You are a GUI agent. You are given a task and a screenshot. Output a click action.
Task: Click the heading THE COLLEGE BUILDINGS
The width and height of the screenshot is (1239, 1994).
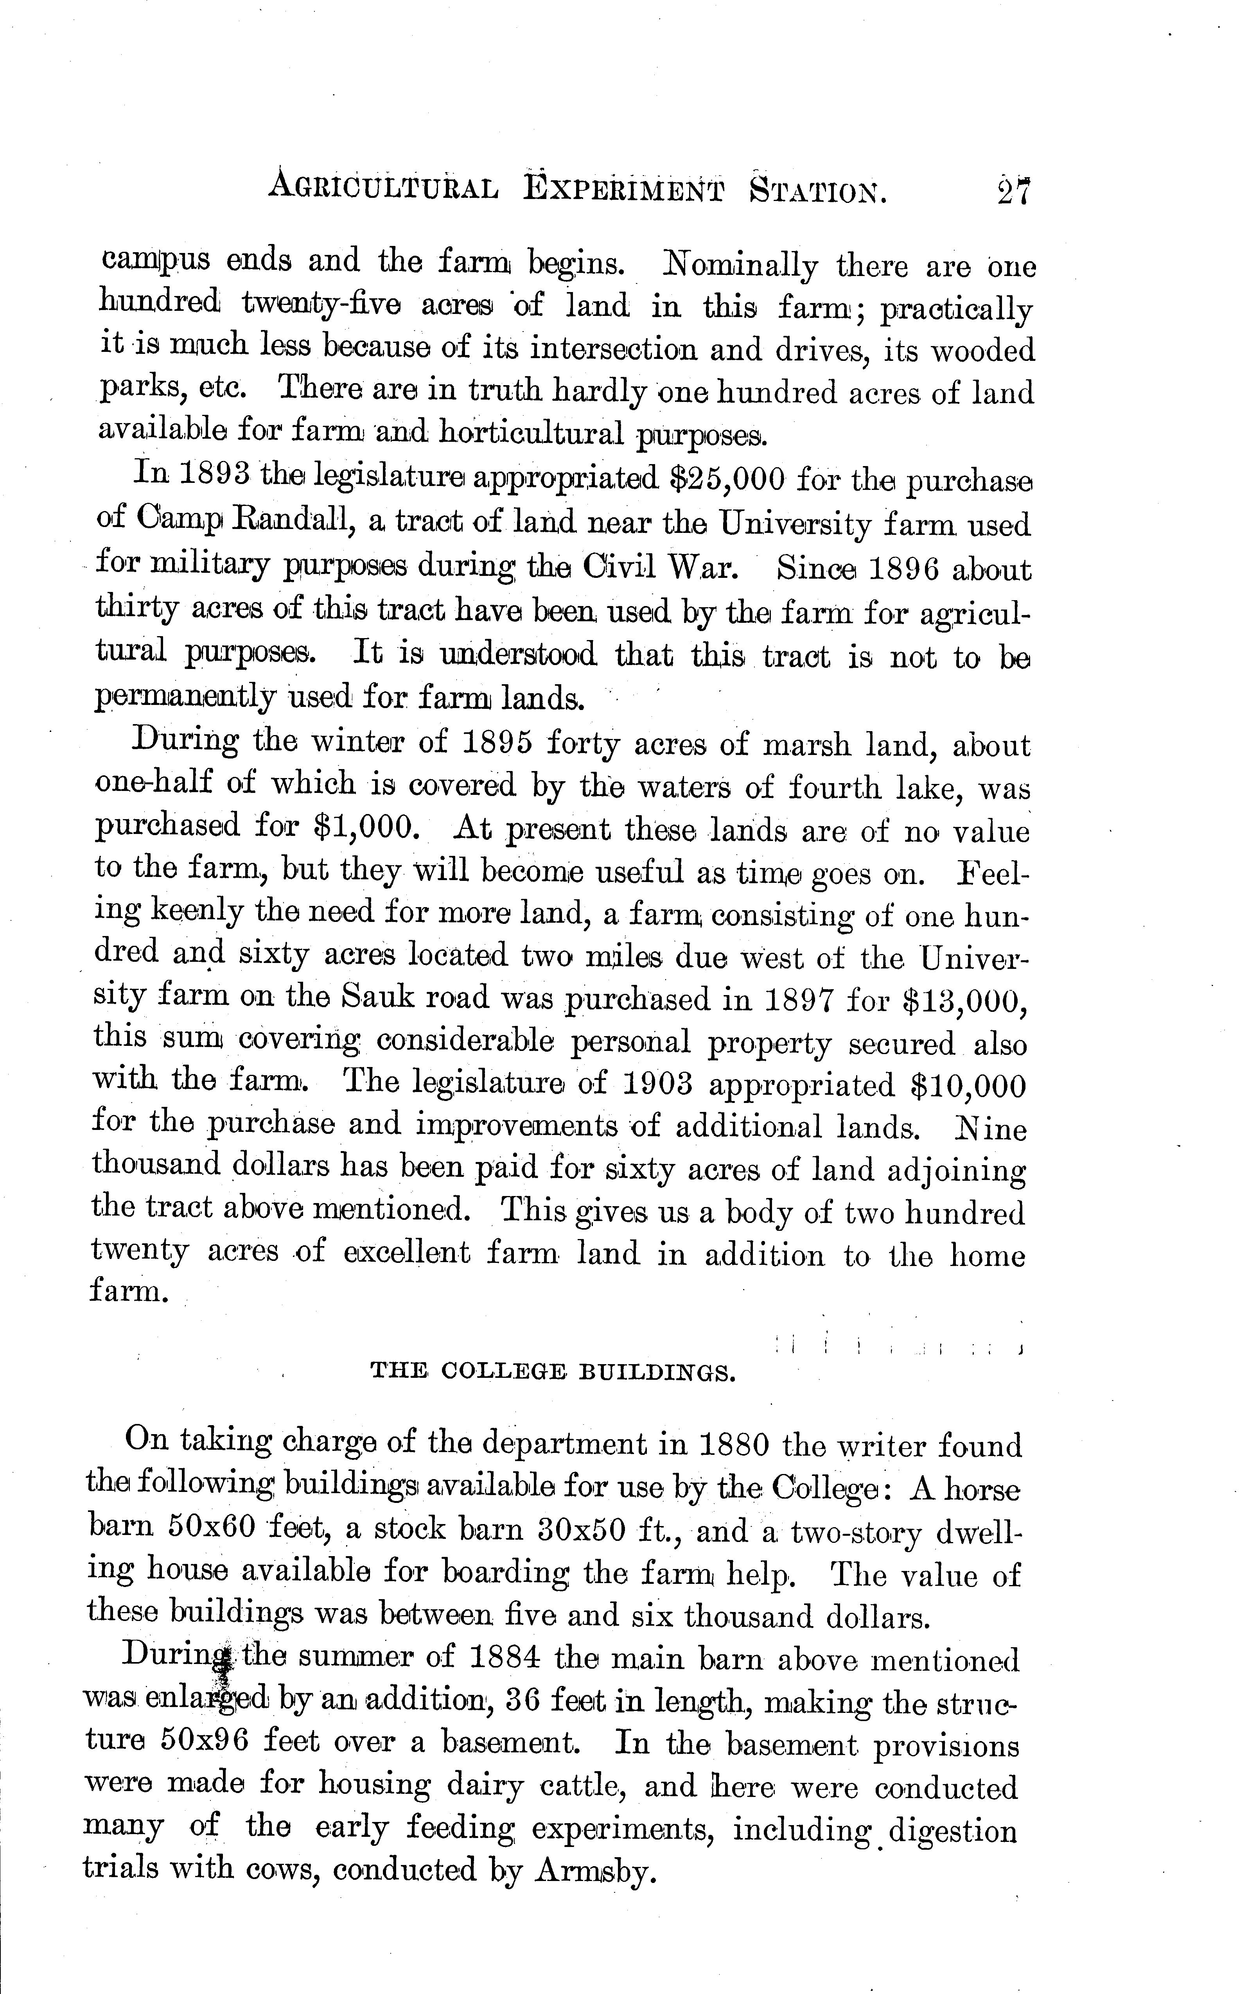pos(553,1372)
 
